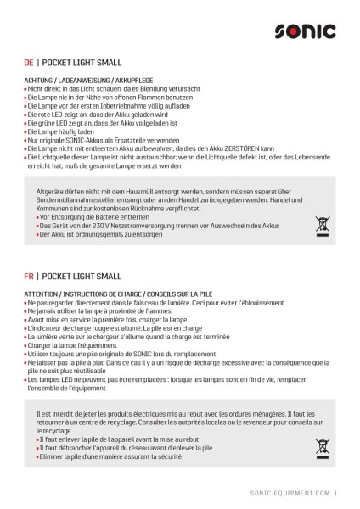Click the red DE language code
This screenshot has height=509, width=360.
(x=29, y=63)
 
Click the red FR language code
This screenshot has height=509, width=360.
(x=29, y=277)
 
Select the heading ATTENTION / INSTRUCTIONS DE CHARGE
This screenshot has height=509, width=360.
(x=109, y=294)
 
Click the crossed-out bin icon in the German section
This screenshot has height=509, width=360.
(x=322, y=225)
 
